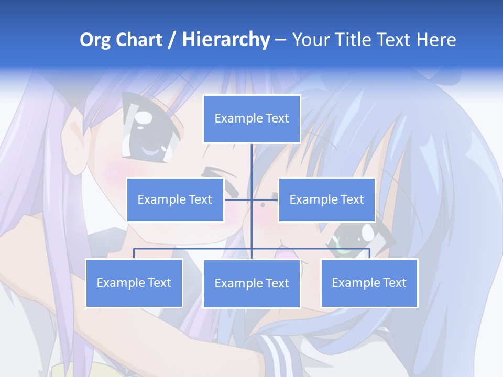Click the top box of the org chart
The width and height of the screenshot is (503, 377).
click(251, 119)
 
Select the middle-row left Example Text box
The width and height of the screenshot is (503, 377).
click(175, 199)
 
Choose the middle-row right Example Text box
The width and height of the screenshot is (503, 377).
click(326, 199)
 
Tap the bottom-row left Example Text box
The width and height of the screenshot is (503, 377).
click(134, 283)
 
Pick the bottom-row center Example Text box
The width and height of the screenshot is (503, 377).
click(251, 284)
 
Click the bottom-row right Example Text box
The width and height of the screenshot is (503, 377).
click(369, 283)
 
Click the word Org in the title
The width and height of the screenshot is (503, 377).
click(95, 40)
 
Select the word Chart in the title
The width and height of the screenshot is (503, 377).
click(139, 40)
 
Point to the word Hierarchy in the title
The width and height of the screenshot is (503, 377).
click(226, 40)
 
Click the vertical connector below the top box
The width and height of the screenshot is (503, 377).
click(251, 168)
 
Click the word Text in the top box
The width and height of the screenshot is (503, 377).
click(277, 119)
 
